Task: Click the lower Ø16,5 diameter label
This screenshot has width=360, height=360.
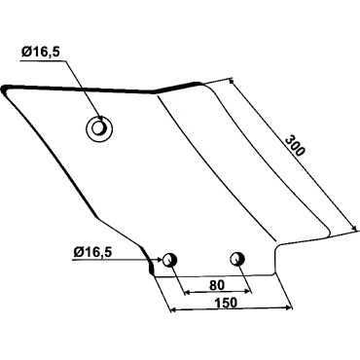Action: coord(92,252)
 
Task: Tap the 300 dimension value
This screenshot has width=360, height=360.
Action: coord(295,147)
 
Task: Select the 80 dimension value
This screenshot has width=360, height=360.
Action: coord(217,285)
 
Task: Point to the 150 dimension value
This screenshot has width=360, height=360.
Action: coord(226,303)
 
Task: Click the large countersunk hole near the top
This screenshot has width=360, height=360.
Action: coord(99,128)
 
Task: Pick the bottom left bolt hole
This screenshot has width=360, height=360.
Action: coord(169,260)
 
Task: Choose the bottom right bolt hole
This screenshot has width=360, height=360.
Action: coord(237,259)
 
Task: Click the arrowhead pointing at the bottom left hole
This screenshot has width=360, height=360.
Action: coord(159,259)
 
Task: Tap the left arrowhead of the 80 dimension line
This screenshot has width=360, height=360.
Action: coord(188,293)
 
